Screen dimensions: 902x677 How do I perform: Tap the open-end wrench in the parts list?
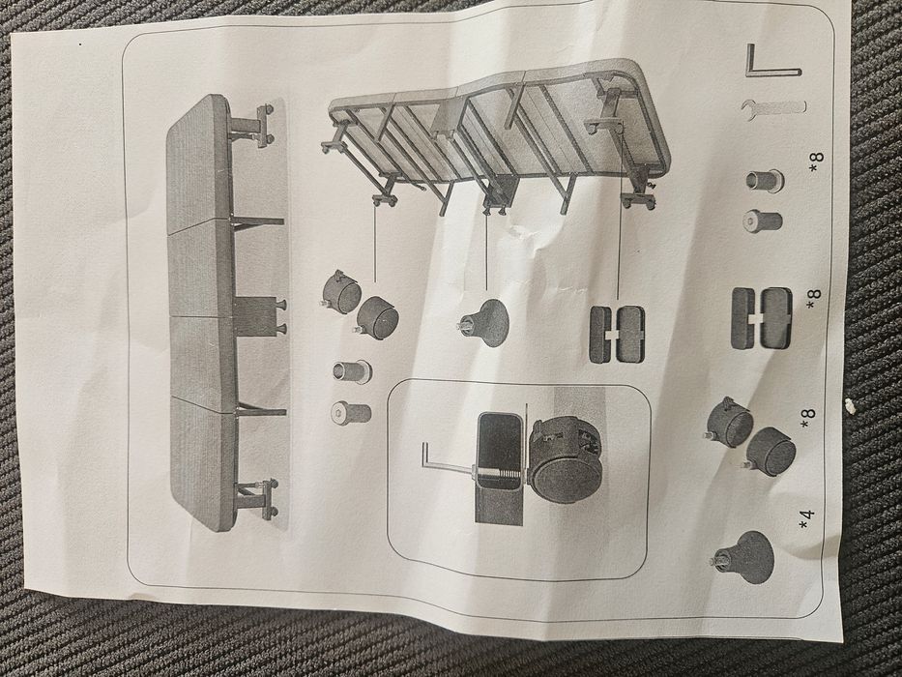[x=772, y=107]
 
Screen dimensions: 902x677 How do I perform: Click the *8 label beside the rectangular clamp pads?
[x=814, y=300]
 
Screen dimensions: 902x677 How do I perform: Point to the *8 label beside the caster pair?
[x=807, y=419]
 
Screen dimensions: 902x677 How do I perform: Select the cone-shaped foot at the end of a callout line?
[x=483, y=323]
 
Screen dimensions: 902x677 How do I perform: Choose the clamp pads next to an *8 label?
[x=761, y=318]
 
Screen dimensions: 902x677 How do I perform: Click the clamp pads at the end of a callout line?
[x=617, y=335]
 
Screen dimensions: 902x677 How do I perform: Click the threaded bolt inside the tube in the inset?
[x=498, y=472]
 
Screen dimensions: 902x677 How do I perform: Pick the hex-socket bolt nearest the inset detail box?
[x=352, y=412]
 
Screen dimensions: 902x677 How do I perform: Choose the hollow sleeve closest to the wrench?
[x=765, y=181]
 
